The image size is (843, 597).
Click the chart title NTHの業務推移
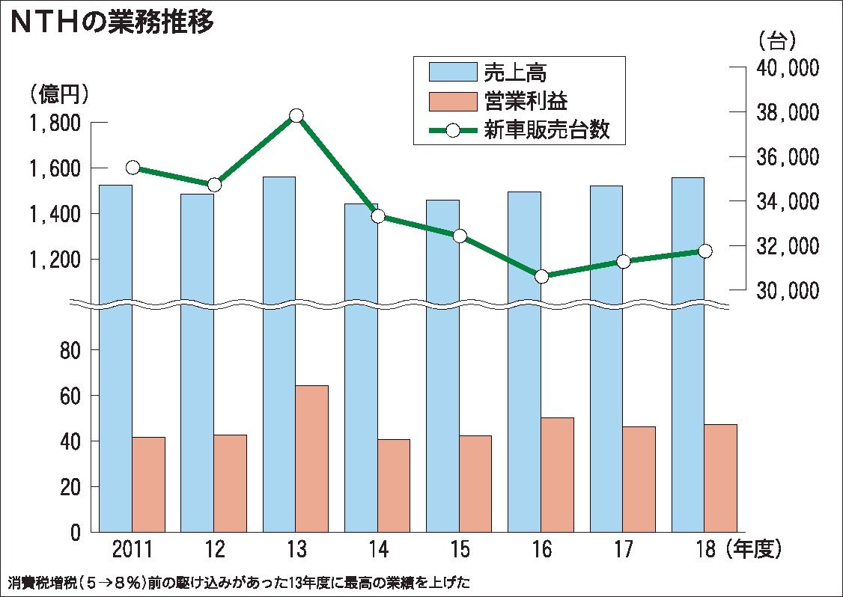click(112, 23)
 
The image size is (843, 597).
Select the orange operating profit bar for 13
click(311, 458)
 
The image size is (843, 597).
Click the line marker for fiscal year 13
click(296, 115)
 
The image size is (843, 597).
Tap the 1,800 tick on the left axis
click(58, 123)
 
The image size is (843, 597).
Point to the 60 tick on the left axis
click(70, 396)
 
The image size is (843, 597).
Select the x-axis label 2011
click(132, 551)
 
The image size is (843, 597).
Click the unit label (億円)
click(60, 94)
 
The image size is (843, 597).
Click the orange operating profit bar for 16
click(557, 474)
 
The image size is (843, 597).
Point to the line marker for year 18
click(704, 251)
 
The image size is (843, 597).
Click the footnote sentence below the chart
click(240, 581)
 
